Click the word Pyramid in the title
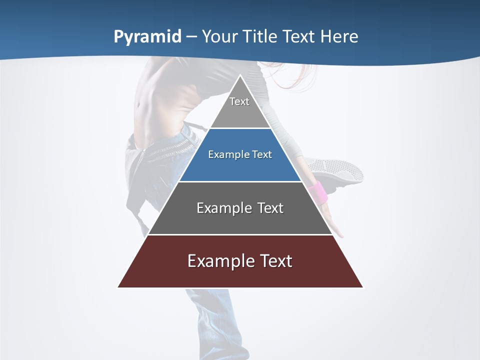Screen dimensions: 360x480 pos(147,37)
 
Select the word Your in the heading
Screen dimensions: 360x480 pos(220,36)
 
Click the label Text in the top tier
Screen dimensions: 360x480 pos(239,101)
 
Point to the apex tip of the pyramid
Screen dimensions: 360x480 pos(240,76)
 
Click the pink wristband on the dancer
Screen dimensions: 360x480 pos(318,193)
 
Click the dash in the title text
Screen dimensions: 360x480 pos(191,37)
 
